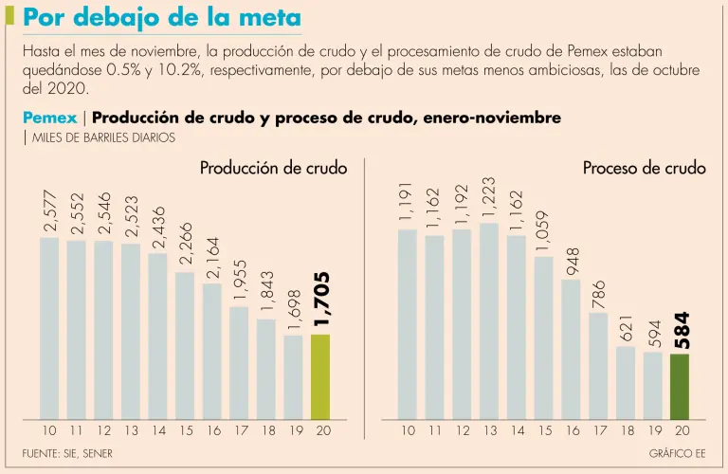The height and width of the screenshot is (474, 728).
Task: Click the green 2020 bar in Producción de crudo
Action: click(x=321, y=376)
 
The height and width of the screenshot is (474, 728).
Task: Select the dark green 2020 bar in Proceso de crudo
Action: click(x=680, y=386)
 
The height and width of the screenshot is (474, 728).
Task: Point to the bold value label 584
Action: click(x=680, y=329)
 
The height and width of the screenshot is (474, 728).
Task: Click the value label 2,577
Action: click(x=49, y=208)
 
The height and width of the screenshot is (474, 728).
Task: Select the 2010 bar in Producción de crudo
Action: click(x=49, y=328)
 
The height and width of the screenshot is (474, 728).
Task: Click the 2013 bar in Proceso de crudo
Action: click(x=489, y=320)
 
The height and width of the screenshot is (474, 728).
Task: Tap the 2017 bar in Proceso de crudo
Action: click(x=598, y=365)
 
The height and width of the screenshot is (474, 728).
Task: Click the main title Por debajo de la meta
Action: click(x=162, y=18)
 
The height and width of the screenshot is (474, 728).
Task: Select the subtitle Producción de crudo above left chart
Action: click(x=273, y=168)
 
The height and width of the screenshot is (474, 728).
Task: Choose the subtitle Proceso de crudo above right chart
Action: click(x=644, y=168)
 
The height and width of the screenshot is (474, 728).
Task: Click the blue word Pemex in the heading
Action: click(x=49, y=118)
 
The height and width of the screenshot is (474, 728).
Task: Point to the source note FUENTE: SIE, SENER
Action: click(x=67, y=454)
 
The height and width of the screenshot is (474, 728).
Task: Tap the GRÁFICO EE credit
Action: click(x=677, y=454)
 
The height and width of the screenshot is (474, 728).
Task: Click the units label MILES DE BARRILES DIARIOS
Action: click(x=103, y=137)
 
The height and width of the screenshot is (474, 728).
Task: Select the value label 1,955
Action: click(x=239, y=280)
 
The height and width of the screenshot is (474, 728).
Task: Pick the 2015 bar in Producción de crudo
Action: click(x=185, y=346)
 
